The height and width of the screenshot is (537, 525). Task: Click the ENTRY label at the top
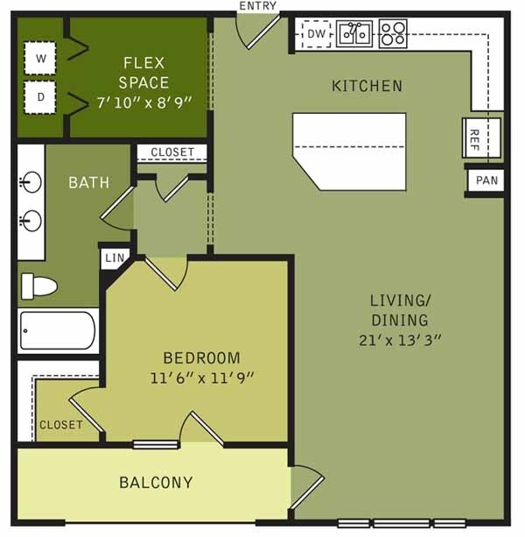257,6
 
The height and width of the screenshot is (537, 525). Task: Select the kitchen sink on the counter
354,34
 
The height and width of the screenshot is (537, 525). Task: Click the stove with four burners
392,34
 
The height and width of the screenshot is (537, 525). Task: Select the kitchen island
349,151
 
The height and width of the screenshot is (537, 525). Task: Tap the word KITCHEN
367,86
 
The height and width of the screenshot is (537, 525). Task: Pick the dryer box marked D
40,97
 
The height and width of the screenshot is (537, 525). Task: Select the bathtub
57,331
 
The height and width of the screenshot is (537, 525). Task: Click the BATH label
89,183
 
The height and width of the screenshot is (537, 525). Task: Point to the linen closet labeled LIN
115,258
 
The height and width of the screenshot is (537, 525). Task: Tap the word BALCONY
156,482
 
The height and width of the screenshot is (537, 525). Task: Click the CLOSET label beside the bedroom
60,425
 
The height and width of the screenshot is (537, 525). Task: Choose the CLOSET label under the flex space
172,152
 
